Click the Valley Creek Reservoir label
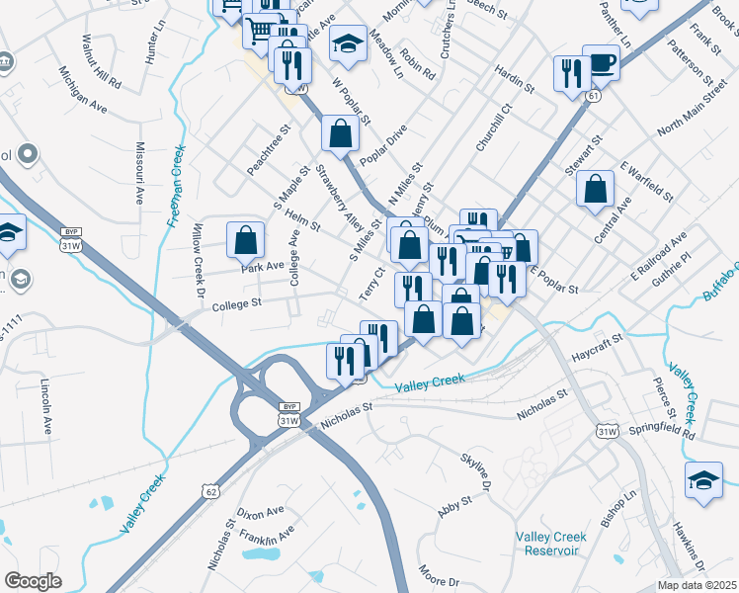coord(550,544)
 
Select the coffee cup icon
coord(601,63)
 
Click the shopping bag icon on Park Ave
coord(245,240)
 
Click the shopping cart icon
coord(259,31)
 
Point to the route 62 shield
coord(209,489)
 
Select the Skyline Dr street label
coord(476,469)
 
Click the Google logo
coord(33,580)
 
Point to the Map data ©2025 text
coord(697,585)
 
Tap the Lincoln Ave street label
coord(47,405)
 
